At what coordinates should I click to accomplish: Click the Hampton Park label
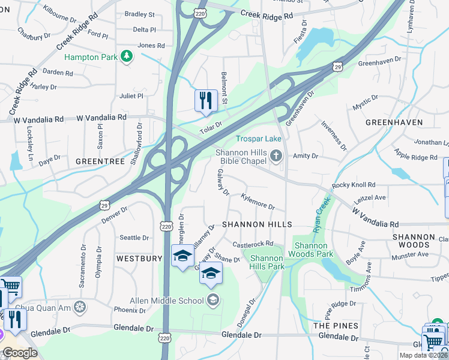(x=91, y=57)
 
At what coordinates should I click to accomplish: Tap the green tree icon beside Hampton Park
(x=126, y=56)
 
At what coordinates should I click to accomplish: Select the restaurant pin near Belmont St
(x=206, y=100)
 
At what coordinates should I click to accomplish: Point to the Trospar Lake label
(x=258, y=139)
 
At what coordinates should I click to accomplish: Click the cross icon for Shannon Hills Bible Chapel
(x=276, y=157)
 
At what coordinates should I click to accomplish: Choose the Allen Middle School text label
(x=167, y=300)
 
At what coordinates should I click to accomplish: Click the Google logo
(x=20, y=353)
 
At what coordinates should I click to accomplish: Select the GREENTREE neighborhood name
(x=100, y=161)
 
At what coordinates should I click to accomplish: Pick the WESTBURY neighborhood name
(x=139, y=259)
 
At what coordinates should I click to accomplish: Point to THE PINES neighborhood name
(x=336, y=326)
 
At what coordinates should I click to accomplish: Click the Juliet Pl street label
(x=132, y=95)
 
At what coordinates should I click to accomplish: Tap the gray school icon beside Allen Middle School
(x=212, y=300)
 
